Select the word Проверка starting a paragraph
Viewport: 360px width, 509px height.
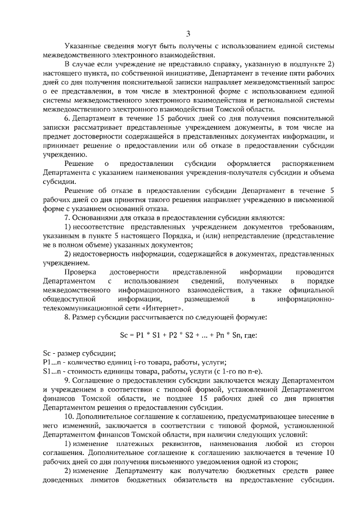(80, 272)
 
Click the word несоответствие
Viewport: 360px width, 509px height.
(101, 227)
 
